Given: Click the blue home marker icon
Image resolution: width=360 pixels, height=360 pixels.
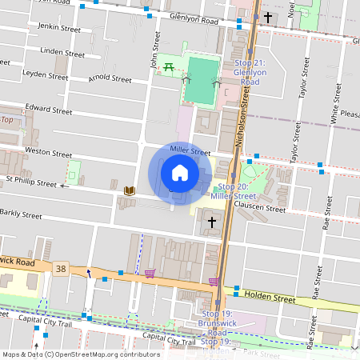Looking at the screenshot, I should click(180, 173).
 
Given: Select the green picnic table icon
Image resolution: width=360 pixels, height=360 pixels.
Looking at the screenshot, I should click(169, 69).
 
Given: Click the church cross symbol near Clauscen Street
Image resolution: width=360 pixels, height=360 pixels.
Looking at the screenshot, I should click(212, 222).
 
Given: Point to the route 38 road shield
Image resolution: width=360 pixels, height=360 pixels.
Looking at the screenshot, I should click(62, 267).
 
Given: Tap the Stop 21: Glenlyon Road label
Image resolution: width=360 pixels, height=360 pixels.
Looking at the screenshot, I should click(254, 72).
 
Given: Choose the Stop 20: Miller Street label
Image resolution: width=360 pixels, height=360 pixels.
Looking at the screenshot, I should click(233, 191).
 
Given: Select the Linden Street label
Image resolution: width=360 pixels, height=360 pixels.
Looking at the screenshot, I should click(62, 54).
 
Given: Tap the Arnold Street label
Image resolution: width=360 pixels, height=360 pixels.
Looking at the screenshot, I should click(110, 79).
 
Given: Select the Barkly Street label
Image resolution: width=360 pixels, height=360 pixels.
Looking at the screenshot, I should click(22, 214).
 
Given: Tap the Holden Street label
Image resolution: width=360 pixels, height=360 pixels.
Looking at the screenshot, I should click(272, 297).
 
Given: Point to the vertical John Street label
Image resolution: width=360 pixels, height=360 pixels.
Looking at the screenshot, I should click(146, 58).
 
